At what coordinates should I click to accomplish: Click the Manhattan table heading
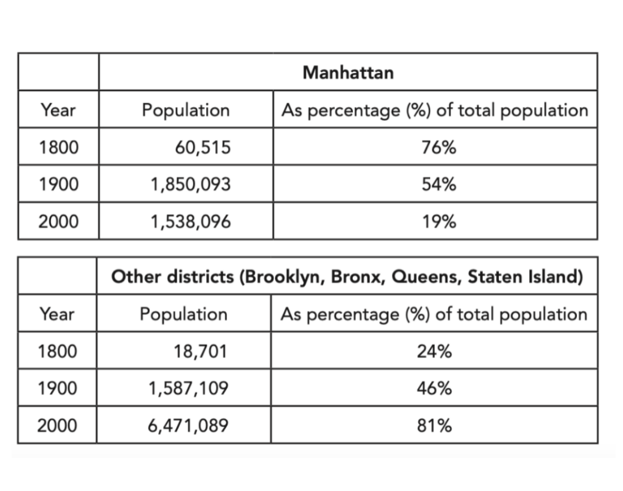tap(348, 72)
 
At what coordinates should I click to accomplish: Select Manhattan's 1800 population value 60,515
tap(202, 147)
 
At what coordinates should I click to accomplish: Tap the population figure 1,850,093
tap(190, 184)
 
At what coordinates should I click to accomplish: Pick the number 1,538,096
tap(190, 222)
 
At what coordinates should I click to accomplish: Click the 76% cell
tap(439, 147)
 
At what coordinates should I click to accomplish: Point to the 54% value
tap(439, 184)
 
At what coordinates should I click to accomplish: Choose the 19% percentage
tap(439, 222)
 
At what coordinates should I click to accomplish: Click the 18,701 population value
tap(200, 351)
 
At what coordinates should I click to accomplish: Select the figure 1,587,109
tap(188, 388)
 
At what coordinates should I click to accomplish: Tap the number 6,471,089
tap(188, 426)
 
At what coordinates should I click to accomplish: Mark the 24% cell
tap(434, 351)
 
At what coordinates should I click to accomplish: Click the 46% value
tap(434, 388)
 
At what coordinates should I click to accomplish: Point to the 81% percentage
tap(434, 426)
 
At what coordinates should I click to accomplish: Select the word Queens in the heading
tap(427, 277)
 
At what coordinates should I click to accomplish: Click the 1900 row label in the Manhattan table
tap(59, 184)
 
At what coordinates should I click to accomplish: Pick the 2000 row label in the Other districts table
tap(58, 426)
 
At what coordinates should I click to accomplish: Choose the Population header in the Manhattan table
tap(186, 110)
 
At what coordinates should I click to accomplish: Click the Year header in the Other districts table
tap(57, 314)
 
